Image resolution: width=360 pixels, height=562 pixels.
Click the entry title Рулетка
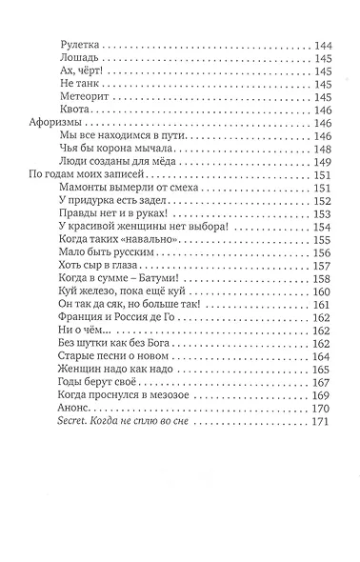point(79,45)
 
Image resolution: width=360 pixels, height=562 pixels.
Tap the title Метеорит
point(85,97)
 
